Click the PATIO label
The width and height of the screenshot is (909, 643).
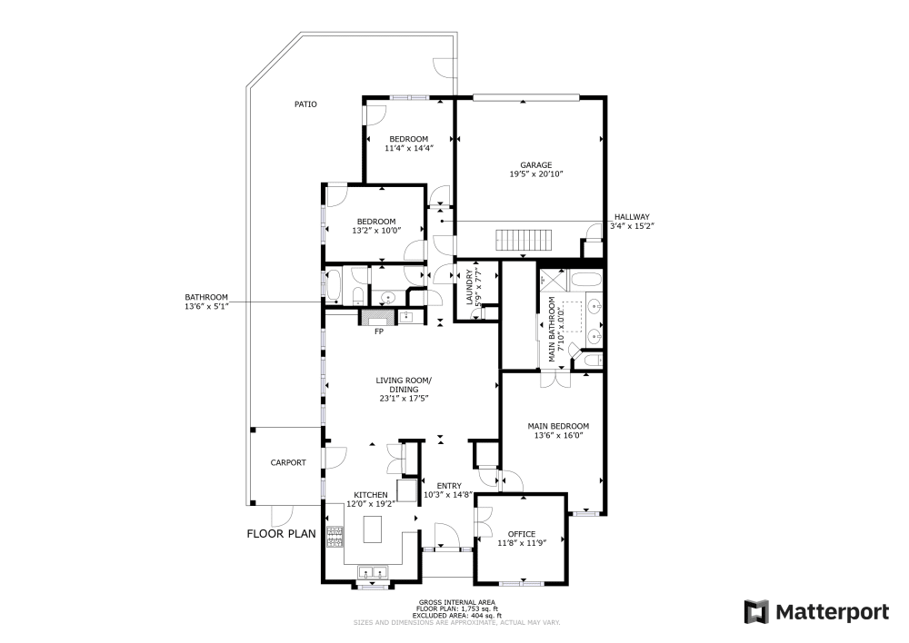(305, 104)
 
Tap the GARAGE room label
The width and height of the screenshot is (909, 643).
(530, 165)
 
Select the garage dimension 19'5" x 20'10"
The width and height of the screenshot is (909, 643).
(530, 174)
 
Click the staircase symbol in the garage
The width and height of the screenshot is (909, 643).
(524, 241)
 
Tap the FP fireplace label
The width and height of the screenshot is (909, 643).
(379, 331)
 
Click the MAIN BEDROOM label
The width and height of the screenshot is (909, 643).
(558, 426)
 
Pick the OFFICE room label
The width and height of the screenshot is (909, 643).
(522, 534)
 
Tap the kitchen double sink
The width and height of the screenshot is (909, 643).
(373, 572)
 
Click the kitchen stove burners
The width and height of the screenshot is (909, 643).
(334, 537)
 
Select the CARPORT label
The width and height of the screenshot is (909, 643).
(288, 462)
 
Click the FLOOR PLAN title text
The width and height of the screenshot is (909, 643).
(281, 534)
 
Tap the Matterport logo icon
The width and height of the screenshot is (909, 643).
(756, 612)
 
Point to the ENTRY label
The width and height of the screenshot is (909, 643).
(449, 486)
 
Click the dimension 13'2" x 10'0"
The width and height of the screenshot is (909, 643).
(375, 231)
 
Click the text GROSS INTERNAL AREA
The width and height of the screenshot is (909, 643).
(458, 603)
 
